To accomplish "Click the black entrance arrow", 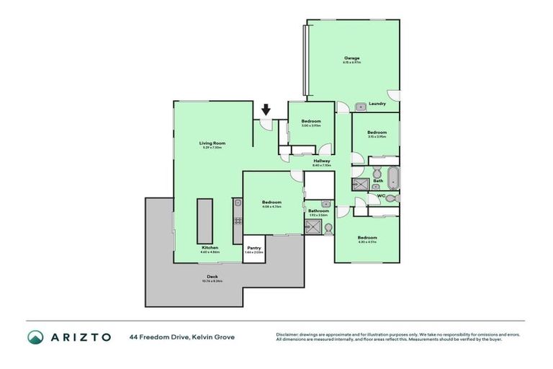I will (266, 110).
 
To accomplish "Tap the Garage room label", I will (351, 58).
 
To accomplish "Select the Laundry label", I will (377, 104).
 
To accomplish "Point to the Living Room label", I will (212, 143).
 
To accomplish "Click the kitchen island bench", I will (204, 221).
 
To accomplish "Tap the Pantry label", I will (254, 248).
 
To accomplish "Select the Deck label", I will (212, 277).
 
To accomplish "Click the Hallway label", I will (322, 161).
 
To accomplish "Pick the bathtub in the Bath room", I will (393, 177).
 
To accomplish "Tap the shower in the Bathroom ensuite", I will (313, 228).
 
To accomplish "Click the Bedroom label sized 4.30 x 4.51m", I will (367, 238).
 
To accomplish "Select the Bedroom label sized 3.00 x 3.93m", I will (311, 121).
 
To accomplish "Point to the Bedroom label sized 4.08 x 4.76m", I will (271, 203).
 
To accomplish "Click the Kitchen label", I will (209, 248).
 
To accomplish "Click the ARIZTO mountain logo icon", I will (35, 337).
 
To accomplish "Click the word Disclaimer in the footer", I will (290, 334).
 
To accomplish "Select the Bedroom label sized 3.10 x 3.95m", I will (377, 133).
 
